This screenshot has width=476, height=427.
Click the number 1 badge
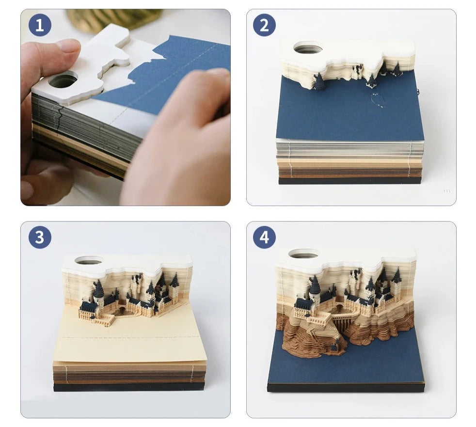click(x=40, y=25)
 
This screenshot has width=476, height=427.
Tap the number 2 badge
click(x=264, y=25)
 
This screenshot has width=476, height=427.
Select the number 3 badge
click(x=40, y=237)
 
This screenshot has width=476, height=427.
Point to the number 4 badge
click(x=264, y=237)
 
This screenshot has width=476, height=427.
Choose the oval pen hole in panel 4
click(x=303, y=253)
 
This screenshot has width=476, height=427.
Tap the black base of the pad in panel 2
click(x=349, y=181)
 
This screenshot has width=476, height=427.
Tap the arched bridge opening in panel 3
click(x=122, y=310)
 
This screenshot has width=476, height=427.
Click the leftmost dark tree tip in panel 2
click(x=319, y=74)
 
